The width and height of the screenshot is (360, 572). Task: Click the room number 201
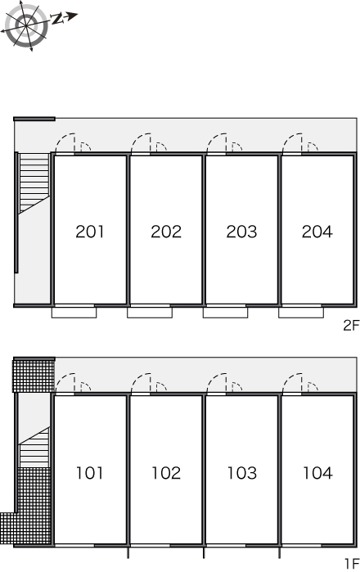coord(90,232)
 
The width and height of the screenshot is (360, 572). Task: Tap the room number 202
coord(166,232)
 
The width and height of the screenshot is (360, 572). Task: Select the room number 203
coord(241,232)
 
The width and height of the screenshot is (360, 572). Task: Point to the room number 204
coord(317,232)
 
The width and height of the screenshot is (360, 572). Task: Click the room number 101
coord(90,473)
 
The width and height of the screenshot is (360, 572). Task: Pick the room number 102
coord(166,473)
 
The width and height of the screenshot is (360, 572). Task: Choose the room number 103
coord(242,473)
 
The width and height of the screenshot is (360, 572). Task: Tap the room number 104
coord(317,473)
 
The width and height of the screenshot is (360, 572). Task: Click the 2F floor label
coord(351,325)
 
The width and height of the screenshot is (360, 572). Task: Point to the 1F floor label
coord(352,564)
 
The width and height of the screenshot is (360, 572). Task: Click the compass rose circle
coord(26,26)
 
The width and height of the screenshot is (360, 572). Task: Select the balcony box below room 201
coord(74,313)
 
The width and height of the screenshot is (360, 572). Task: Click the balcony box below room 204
coord(301,313)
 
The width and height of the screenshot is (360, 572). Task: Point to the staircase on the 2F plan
coord(34,182)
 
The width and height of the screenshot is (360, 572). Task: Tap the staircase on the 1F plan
coord(34,447)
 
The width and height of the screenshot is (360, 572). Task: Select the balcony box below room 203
coord(226,313)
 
